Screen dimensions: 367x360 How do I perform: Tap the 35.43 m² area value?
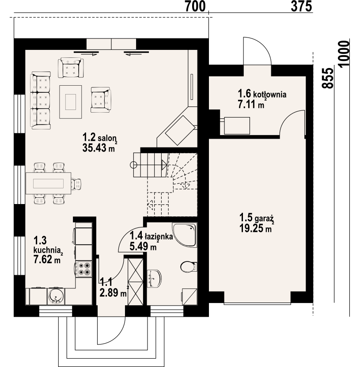tap(99, 148)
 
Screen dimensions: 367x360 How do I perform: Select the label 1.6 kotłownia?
tap(262, 94)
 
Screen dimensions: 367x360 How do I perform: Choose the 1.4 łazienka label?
tap(151, 237)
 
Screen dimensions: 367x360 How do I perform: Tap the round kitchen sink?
tap(56, 296)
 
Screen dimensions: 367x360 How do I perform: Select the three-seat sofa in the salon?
tap(41, 101)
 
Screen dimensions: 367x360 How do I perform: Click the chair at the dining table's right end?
tap(76, 183)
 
